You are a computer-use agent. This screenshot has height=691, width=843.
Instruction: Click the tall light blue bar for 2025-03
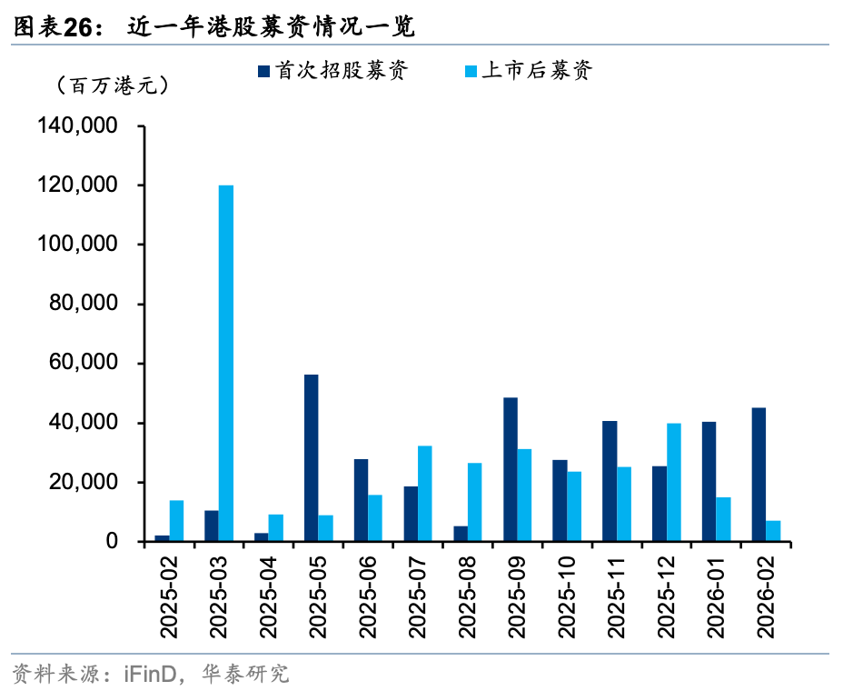pyautogui.click(x=226, y=364)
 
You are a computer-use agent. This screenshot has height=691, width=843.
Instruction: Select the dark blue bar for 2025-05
pyautogui.click(x=311, y=458)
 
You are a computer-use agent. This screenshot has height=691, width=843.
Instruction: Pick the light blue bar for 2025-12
pyautogui.click(x=673, y=482)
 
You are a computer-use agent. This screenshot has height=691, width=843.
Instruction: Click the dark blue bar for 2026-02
pyautogui.click(x=759, y=475)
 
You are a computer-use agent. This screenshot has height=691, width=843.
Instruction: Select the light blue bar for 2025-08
pyautogui.click(x=475, y=502)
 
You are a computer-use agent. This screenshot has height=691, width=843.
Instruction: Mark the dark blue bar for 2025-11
pyautogui.click(x=609, y=481)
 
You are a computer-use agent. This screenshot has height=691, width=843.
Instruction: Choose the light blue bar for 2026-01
pyautogui.click(x=723, y=519)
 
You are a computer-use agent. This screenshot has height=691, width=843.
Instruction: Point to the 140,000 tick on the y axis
pyautogui.click(x=79, y=126)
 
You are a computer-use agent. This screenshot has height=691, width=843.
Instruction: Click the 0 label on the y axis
pyautogui.click(x=113, y=542)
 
